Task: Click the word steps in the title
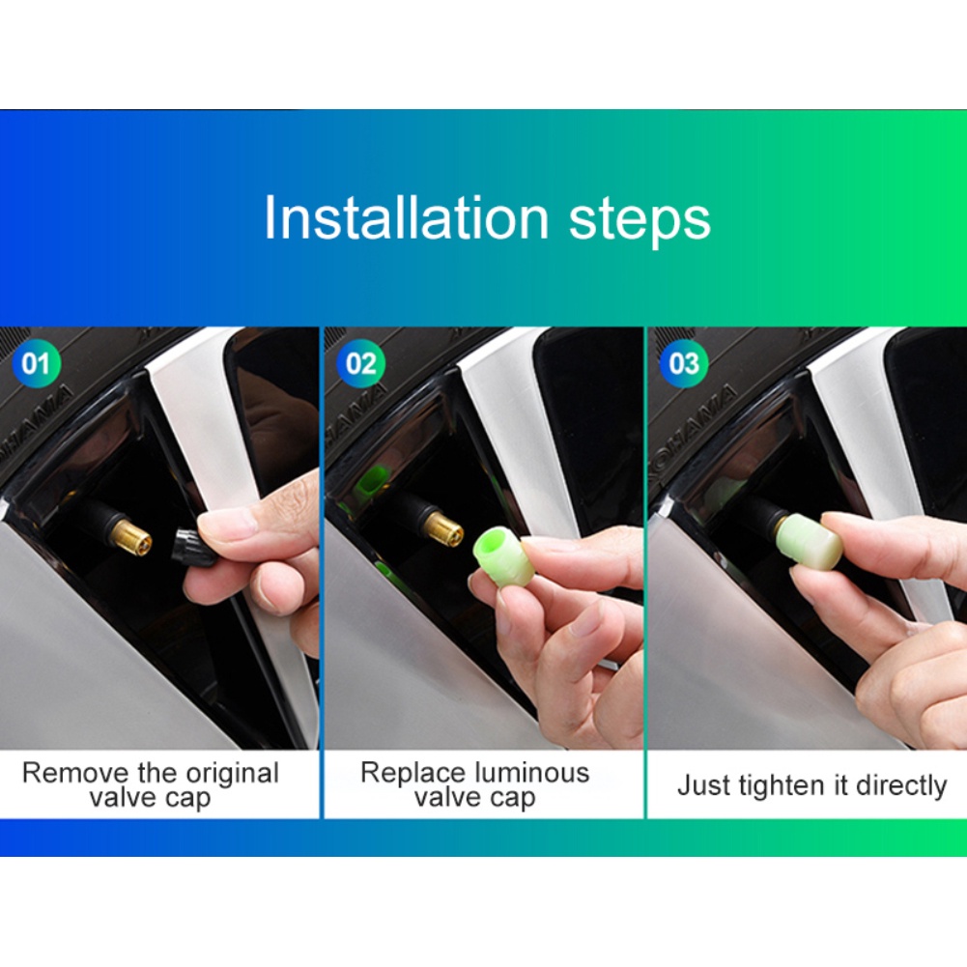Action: click(639, 220)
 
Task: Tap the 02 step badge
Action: click(360, 364)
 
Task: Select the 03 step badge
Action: click(683, 364)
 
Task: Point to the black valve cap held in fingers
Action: click(185, 546)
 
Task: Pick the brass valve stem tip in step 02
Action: click(444, 527)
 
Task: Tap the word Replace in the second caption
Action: click(414, 773)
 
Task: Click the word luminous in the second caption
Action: click(531, 773)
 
